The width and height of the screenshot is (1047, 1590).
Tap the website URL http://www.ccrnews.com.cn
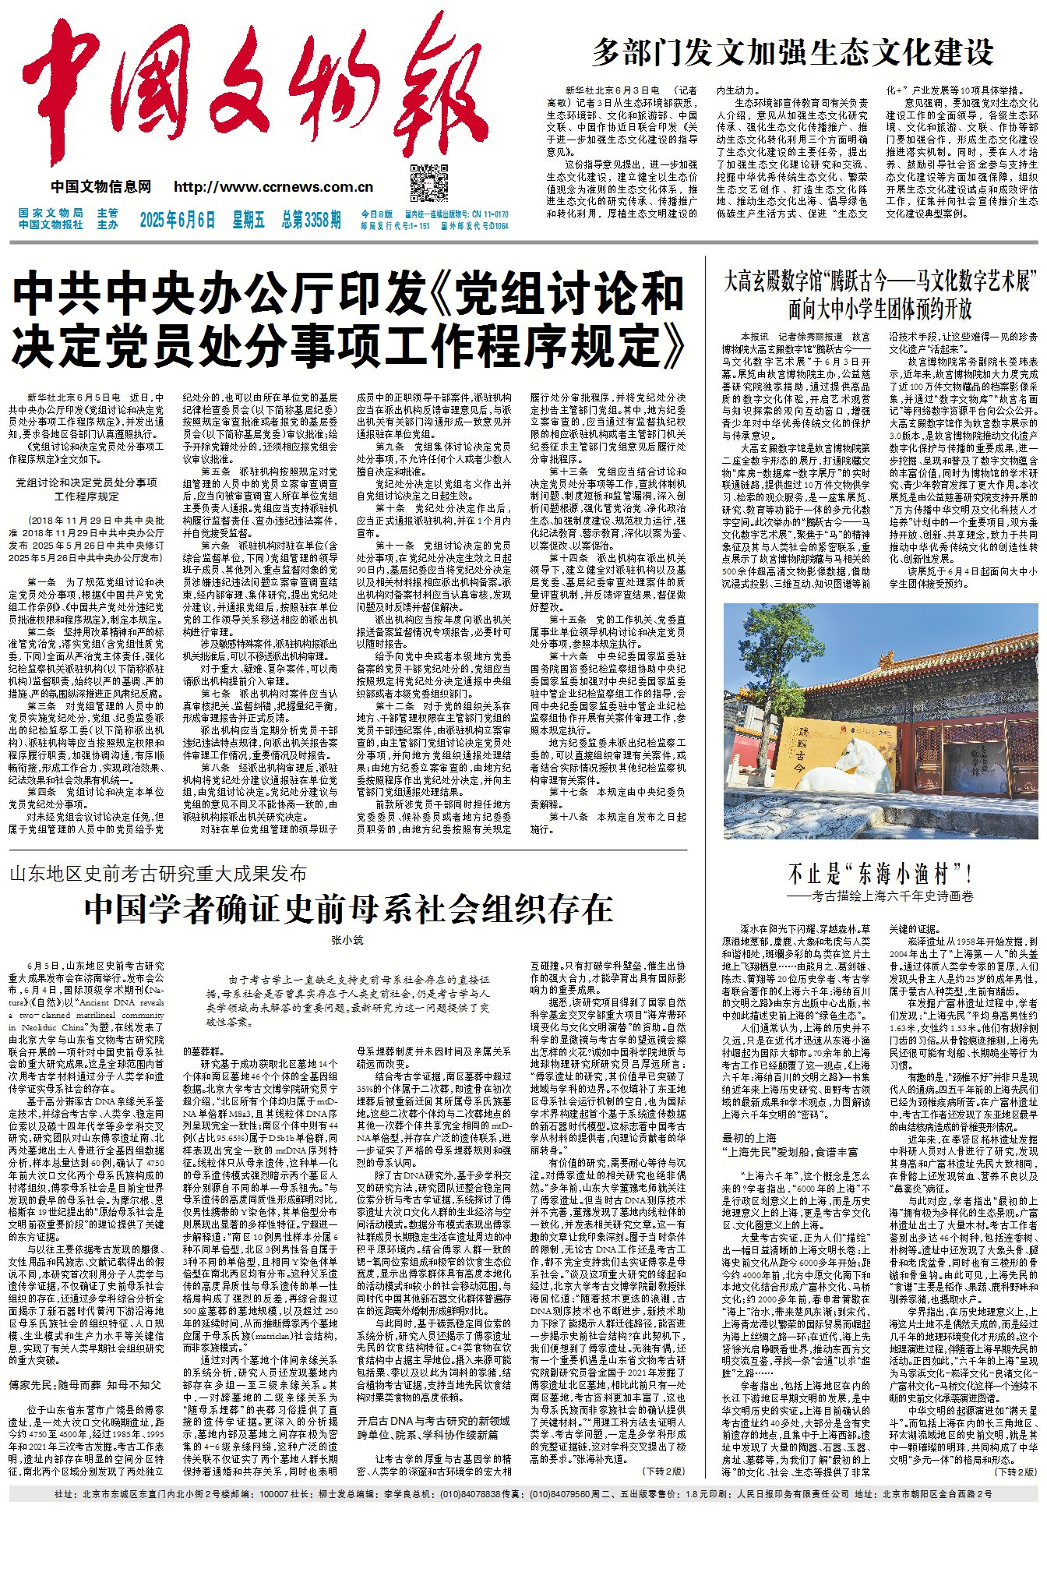click(273, 187)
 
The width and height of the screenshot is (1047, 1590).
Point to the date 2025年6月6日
click(178, 220)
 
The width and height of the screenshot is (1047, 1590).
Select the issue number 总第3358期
click(311, 220)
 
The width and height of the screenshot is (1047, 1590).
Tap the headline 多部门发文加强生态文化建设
click(793, 52)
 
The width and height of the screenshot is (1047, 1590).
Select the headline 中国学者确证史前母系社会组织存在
click(348, 909)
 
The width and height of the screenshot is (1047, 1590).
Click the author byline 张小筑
click(347, 941)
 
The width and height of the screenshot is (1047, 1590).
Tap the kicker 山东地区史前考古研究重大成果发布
click(158, 874)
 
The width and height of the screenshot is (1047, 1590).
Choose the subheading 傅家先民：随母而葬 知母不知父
click(85, 1385)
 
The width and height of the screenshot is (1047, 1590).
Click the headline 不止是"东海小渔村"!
click(880, 874)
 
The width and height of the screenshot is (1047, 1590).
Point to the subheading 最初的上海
click(749, 1138)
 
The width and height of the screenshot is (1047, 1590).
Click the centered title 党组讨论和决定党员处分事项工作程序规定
click(86, 489)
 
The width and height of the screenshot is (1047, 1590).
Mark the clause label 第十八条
click(568, 817)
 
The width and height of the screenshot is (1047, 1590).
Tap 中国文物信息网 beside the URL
click(101, 187)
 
